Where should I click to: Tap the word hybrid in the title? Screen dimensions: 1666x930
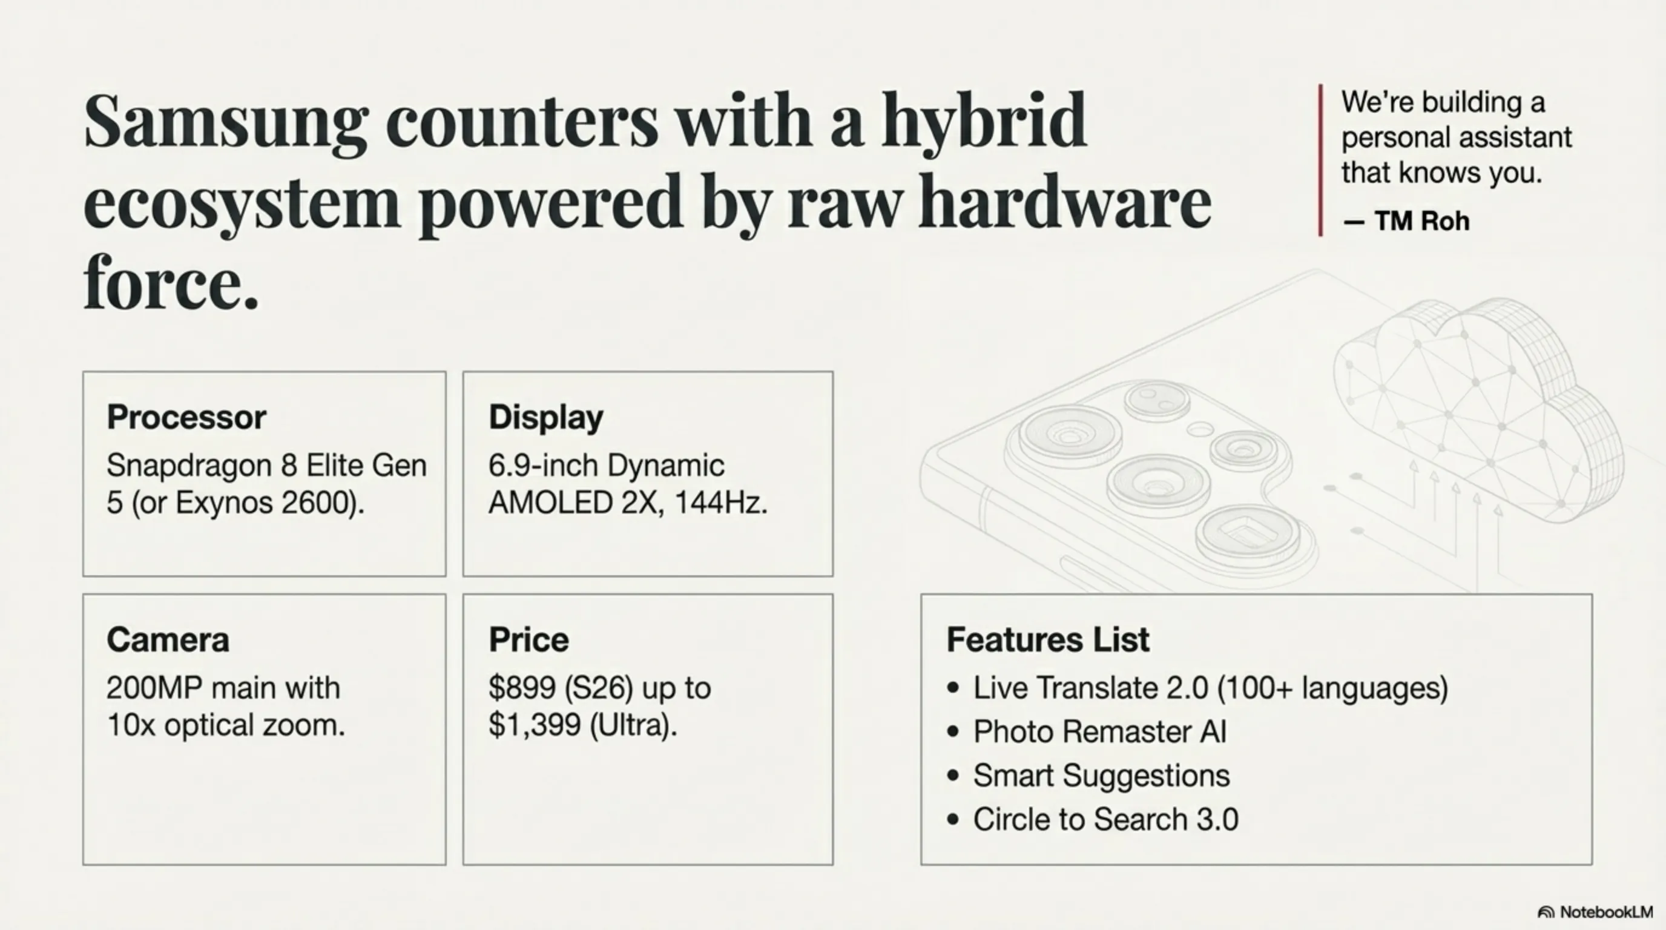(984, 122)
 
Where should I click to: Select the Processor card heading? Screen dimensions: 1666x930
(186, 417)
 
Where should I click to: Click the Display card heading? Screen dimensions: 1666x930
(546, 417)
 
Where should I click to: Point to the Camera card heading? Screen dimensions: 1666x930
(168, 639)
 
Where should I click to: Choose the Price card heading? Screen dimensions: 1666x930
(529, 639)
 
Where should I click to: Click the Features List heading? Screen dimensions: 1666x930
(1048, 639)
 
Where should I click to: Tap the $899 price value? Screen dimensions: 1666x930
(522, 687)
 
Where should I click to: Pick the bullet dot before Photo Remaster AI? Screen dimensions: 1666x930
(953, 731)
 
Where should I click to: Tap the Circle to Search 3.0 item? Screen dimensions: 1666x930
(1105, 819)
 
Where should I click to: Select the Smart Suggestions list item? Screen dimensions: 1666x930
(1101, 776)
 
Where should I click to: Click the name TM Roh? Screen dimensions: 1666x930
(1422, 221)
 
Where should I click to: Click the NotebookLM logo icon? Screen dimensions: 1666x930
(1546, 912)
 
